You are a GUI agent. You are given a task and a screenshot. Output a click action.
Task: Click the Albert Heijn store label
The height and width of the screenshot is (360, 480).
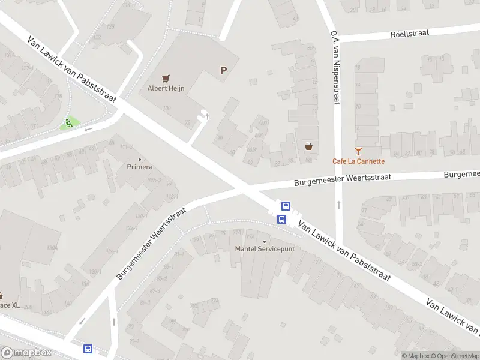pyautogui.click(x=166, y=88)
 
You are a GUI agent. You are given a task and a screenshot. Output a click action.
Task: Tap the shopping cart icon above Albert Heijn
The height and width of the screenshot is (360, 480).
pyautogui.click(x=166, y=77)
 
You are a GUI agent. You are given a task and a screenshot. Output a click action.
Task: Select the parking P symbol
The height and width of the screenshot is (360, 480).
pyautogui.click(x=224, y=71)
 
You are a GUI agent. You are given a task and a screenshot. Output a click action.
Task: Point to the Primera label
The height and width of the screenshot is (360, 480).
pyautogui.click(x=140, y=167)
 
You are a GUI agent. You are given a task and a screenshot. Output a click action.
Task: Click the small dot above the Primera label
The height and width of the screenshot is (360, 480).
pyautogui.click(x=140, y=158)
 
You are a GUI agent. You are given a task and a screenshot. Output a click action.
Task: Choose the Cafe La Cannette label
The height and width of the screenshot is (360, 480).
pyautogui.click(x=359, y=161)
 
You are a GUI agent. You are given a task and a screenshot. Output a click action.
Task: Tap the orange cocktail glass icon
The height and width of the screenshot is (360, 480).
pyautogui.click(x=359, y=151)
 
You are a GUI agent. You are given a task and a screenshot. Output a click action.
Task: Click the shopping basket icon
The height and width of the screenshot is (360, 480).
pyautogui.click(x=309, y=146)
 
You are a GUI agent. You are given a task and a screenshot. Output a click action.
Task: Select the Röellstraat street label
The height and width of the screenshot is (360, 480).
pyautogui.click(x=409, y=33)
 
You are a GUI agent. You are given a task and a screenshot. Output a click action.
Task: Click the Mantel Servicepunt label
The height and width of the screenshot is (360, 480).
pyautogui.click(x=265, y=248)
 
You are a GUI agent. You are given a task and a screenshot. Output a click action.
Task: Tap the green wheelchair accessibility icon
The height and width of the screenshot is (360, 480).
pyautogui.click(x=69, y=124)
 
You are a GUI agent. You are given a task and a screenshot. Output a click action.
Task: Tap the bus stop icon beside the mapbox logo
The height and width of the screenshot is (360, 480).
pyautogui.click(x=88, y=349)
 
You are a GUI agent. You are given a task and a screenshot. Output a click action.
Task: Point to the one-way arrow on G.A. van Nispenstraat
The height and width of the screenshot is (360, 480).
pyautogui.click(x=339, y=205)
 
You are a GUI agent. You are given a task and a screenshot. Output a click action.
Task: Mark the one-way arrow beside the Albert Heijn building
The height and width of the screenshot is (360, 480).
pyautogui.click(x=208, y=116)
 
